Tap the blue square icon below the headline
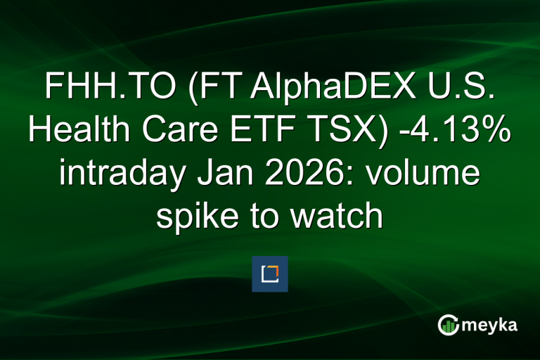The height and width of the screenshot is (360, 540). pyautogui.click(x=270, y=274)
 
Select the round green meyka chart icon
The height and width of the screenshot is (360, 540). pyautogui.click(x=448, y=326)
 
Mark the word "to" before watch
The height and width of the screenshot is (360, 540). pyautogui.click(x=259, y=217)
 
